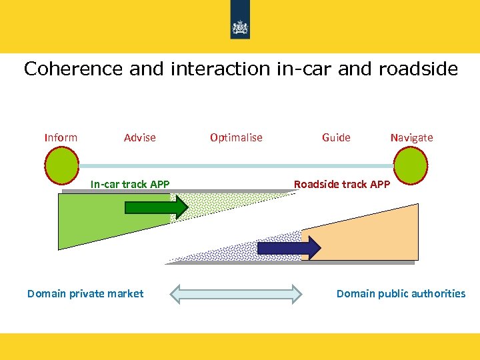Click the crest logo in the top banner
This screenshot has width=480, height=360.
[x=239, y=27]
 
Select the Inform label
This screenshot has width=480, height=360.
[x=61, y=137]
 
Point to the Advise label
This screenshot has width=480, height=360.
[x=139, y=137]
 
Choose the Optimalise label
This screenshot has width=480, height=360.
[x=236, y=137]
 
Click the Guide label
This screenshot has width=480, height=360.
[x=336, y=137]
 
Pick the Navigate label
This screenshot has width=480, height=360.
[x=411, y=137]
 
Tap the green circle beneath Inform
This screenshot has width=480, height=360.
[x=61, y=165]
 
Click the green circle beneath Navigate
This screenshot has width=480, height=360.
[x=411, y=165]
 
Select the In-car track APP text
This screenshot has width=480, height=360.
[x=130, y=184]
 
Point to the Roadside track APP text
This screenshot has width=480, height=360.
[x=342, y=184]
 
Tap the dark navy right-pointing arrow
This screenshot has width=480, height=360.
[x=289, y=248]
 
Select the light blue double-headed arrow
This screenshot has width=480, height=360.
[x=237, y=294]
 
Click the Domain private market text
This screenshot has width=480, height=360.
[x=85, y=293]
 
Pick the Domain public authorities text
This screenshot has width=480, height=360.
[x=401, y=293]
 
